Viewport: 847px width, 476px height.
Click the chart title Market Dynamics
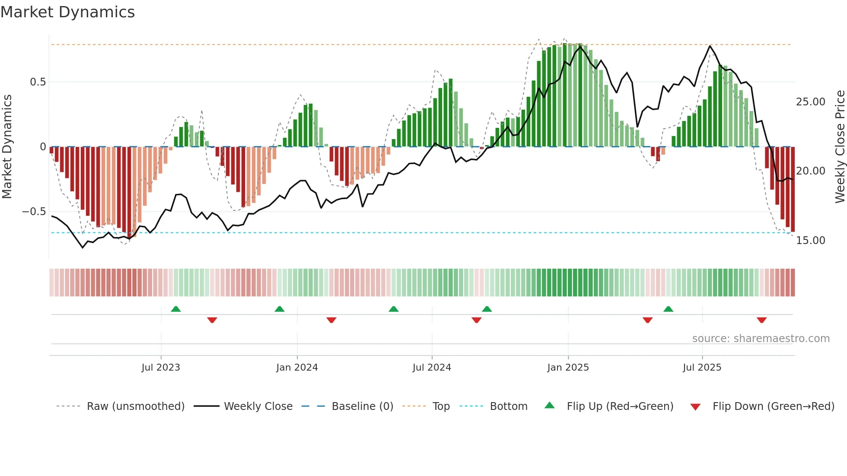68,12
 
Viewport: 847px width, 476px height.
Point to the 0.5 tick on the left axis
38,82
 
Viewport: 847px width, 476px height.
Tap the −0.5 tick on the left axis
34,212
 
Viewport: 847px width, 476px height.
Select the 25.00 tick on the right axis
810,102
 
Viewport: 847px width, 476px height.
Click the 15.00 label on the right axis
810,241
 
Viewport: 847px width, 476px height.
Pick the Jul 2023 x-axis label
161,368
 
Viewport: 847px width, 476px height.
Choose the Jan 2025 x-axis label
568,368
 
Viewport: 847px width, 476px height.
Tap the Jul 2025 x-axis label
702,368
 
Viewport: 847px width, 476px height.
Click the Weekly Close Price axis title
840,147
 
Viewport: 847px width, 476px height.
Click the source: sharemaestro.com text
761,339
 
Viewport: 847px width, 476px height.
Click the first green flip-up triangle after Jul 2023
176,309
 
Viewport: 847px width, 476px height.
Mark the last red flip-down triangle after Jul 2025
761,320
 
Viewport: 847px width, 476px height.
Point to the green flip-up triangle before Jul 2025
668,309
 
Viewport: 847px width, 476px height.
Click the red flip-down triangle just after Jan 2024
331,320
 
